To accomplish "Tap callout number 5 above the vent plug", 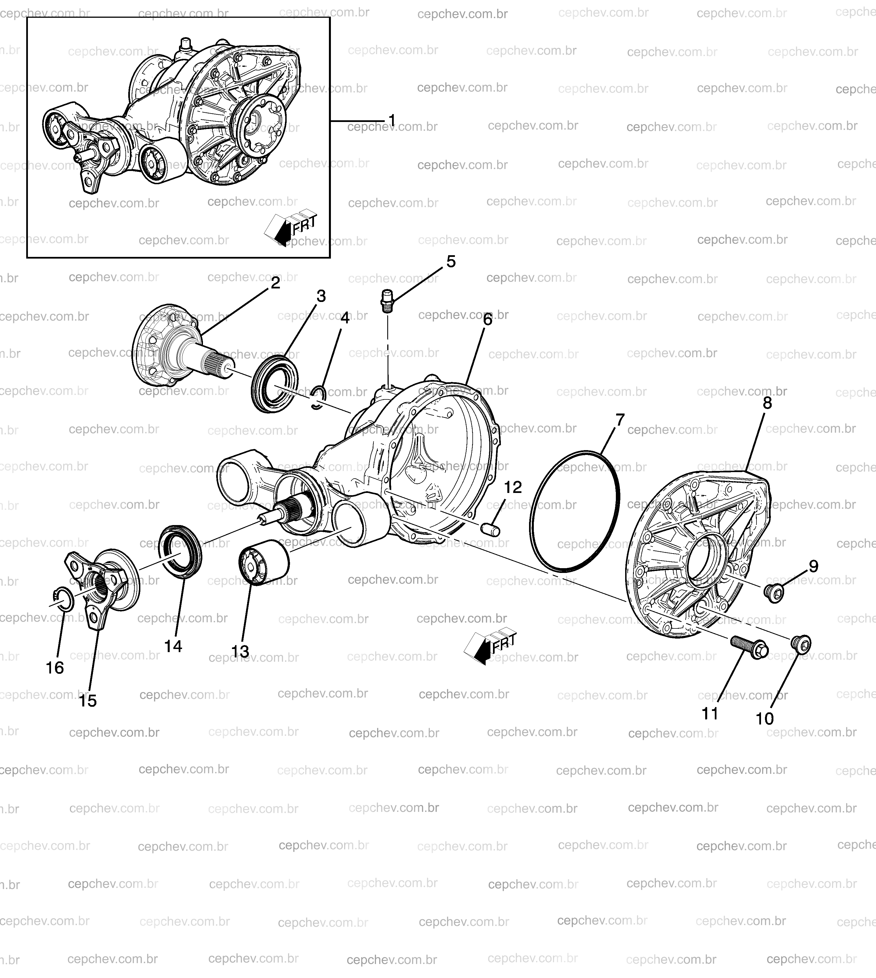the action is pos(451,262).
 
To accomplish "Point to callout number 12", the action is pos(513,487).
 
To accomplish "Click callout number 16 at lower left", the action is pos(55,668).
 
